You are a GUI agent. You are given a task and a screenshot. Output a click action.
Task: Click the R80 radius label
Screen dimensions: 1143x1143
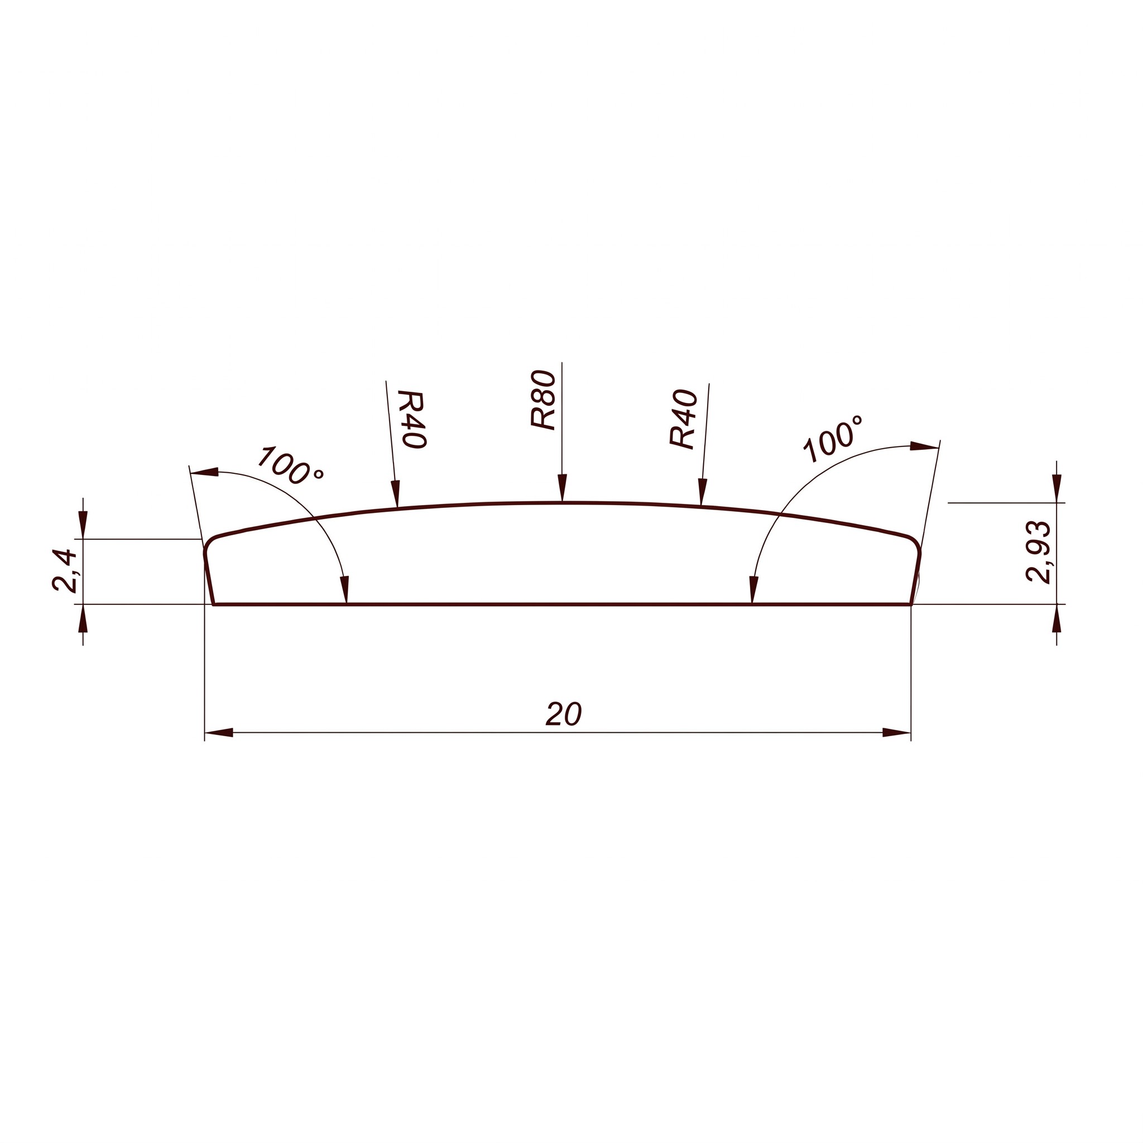[543, 400]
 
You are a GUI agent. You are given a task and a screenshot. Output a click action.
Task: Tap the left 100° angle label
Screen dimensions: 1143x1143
[290, 465]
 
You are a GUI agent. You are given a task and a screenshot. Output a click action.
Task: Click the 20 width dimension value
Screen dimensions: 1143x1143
[564, 714]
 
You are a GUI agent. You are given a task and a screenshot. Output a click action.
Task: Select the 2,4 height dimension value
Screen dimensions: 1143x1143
[65, 571]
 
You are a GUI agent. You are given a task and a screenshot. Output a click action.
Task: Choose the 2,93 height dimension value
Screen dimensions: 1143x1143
[1038, 553]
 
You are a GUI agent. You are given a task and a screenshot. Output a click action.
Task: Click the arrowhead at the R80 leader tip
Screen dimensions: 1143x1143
[562, 488]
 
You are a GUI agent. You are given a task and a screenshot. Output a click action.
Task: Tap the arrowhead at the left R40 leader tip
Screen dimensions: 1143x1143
[396, 494]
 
